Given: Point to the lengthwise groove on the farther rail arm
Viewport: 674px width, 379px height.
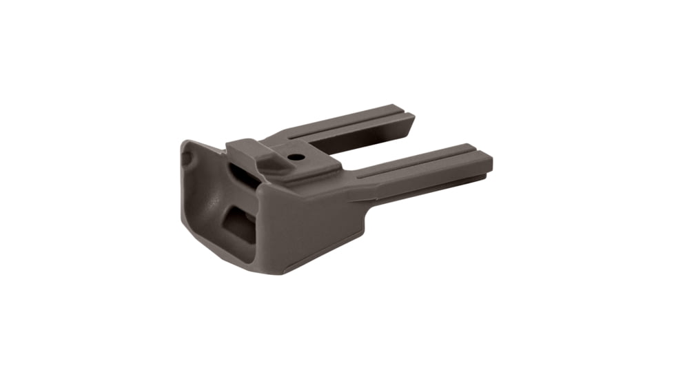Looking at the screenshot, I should pos(345,124).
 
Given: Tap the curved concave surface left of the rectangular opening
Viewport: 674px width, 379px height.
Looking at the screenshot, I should pos(207,207).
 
